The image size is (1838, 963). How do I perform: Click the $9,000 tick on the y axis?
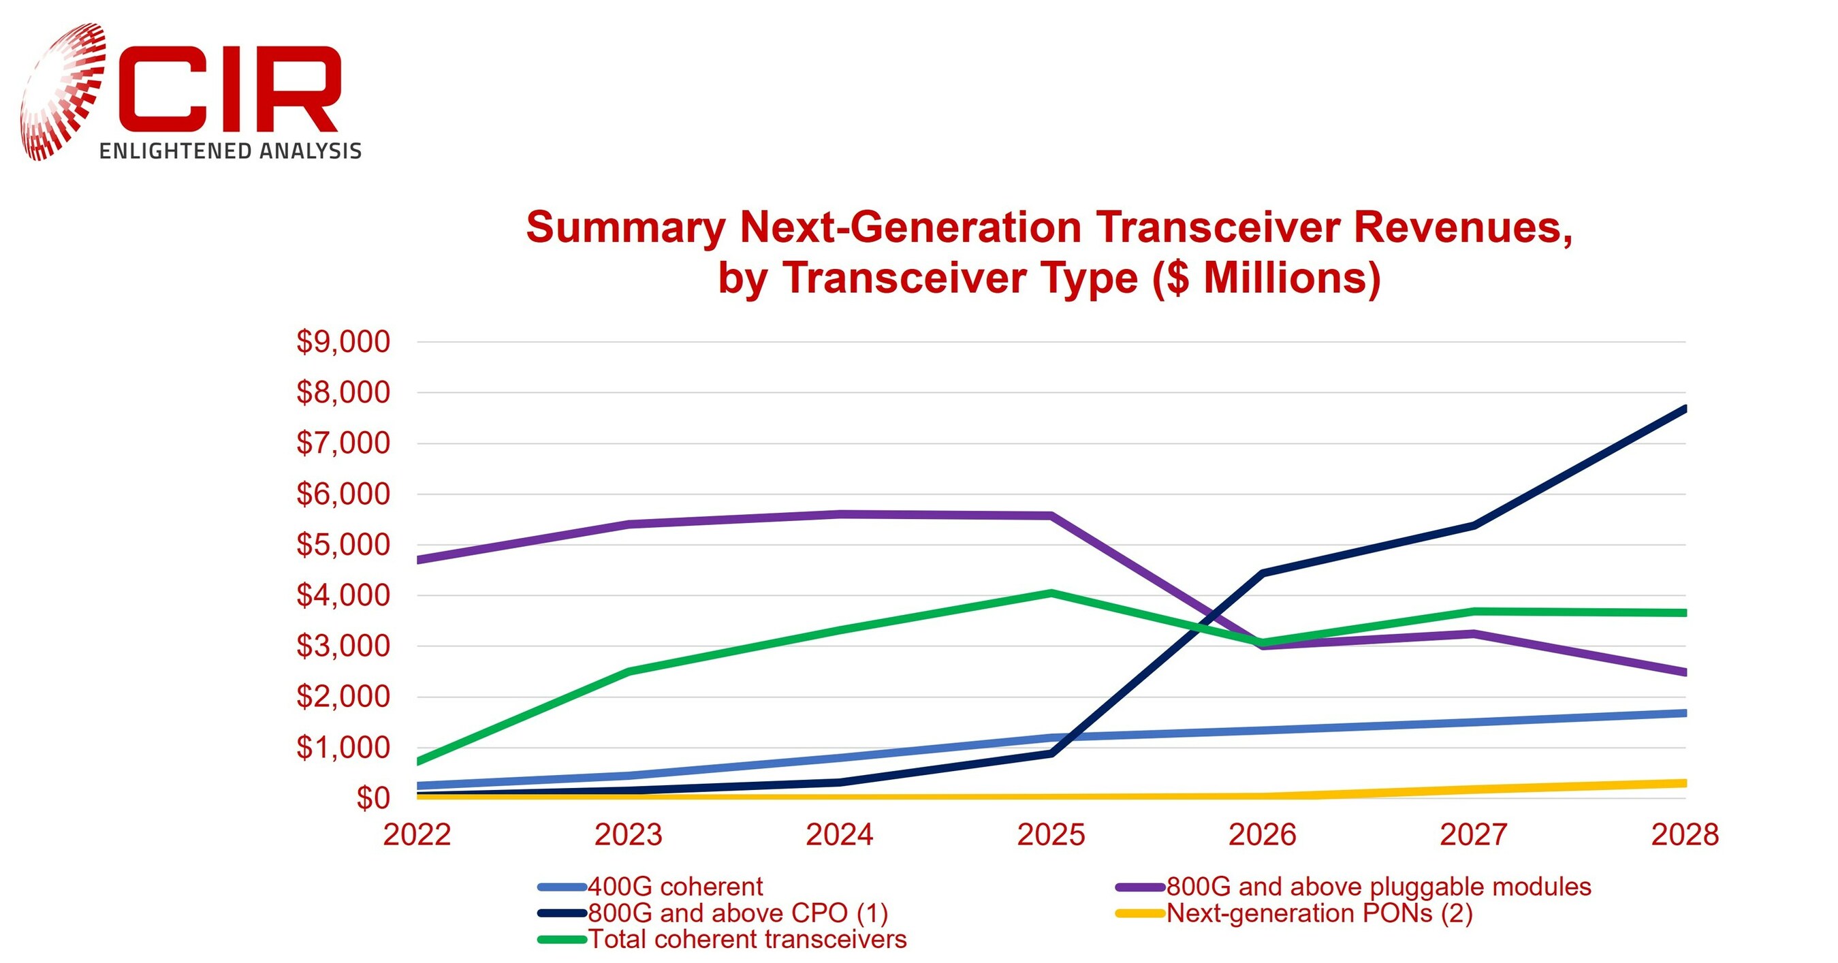343,342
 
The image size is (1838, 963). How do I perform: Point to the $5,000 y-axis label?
343,545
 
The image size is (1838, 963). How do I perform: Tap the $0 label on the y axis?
373,798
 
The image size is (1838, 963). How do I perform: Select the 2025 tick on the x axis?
1050,834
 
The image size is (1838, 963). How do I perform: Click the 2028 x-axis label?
1685,834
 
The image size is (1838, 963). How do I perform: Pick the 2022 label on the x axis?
417,834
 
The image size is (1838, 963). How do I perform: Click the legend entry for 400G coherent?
674,887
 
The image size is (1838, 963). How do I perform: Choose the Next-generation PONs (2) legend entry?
1318,913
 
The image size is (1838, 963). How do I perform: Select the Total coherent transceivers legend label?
746,939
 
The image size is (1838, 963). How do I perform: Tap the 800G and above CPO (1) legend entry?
737,913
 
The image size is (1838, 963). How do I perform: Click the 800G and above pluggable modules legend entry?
1378,887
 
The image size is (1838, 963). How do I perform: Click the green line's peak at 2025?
1051,593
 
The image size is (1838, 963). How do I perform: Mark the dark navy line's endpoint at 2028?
1684,409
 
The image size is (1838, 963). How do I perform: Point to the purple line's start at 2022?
419,560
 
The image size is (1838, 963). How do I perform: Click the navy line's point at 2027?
1474,526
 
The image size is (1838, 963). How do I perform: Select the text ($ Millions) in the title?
1267,278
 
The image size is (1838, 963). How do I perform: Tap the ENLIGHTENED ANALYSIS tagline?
229,151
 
